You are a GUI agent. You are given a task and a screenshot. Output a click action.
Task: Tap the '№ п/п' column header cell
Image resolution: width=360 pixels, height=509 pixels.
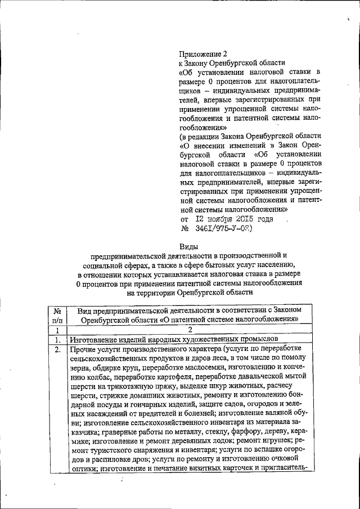57,315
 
